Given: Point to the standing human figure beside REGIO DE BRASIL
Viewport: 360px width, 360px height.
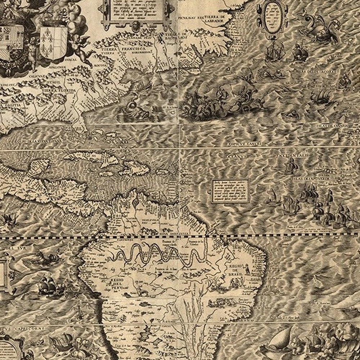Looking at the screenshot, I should [x=248, y=268].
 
